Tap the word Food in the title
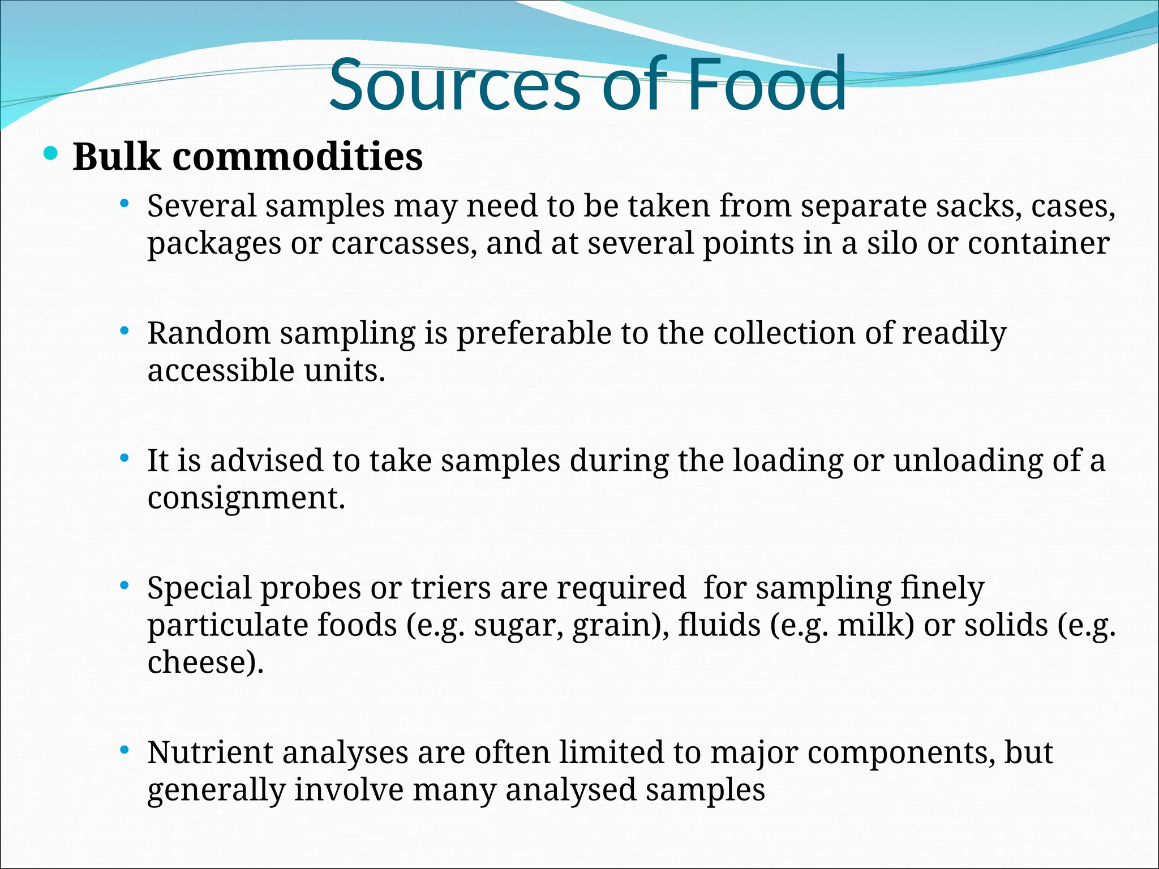767,85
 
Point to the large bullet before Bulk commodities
51,153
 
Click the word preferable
534,334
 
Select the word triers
450,588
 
